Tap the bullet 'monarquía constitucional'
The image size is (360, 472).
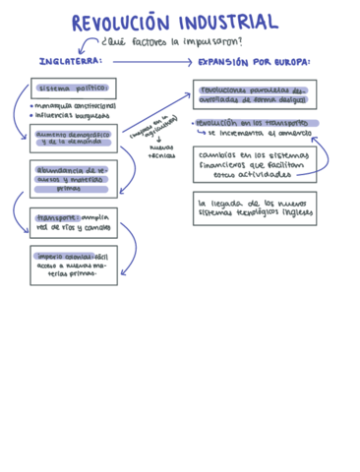pyautogui.click(x=75, y=105)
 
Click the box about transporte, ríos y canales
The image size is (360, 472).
pyautogui.click(x=74, y=222)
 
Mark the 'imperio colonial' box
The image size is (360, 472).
pyautogui.click(x=74, y=265)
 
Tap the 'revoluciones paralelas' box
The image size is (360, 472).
pyautogui.click(x=255, y=94)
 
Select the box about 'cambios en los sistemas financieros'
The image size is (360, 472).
pyautogui.click(x=255, y=165)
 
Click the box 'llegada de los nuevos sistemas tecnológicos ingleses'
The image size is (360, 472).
pyautogui.click(x=255, y=207)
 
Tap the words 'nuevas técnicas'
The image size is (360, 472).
pyautogui.click(x=161, y=153)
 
